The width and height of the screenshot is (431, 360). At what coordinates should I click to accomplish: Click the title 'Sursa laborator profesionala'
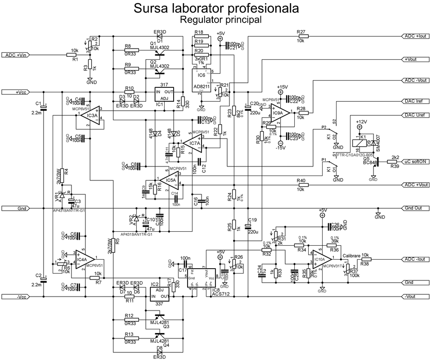pyautogui.click(x=215, y=9)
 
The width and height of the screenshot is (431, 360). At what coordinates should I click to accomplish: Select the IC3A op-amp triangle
pyautogui.click(x=92, y=116)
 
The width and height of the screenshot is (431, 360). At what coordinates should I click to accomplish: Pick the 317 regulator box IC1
pyautogui.click(x=164, y=94)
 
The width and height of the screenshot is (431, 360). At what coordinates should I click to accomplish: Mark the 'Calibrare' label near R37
pyautogui.click(x=351, y=255)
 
